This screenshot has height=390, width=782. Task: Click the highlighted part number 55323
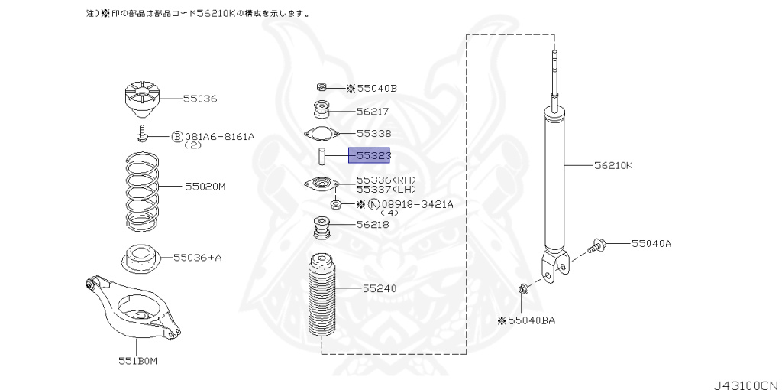(370, 155)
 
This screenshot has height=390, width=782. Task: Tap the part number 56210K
(614, 164)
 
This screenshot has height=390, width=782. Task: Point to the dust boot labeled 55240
(320, 299)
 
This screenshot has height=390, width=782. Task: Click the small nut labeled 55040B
(322, 87)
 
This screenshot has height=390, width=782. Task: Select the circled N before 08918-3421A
(373, 204)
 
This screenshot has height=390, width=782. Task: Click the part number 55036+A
(197, 257)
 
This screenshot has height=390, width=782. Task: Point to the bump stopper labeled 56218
(322, 229)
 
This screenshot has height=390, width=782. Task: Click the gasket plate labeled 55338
(322, 134)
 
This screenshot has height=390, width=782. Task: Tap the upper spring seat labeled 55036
(142, 99)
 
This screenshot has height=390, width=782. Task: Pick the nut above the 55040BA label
(522, 289)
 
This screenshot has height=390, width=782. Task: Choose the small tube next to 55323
(322, 157)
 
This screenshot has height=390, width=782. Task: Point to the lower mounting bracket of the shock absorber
(555, 267)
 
